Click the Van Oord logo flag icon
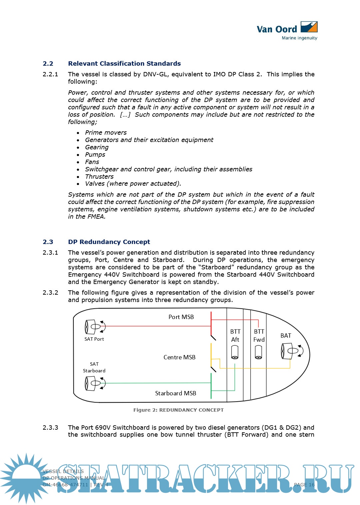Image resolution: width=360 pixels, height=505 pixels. pyautogui.click(x=309, y=27)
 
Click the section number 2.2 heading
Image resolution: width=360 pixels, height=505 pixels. pyautogui.click(x=48, y=64)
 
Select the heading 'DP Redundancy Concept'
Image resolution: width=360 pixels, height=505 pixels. pyautogui.click(x=109, y=242)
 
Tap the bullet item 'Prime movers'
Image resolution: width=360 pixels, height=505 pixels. pyautogui.click(x=106, y=133)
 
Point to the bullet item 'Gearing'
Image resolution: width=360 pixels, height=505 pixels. pyautogui.click(x=97, y=147)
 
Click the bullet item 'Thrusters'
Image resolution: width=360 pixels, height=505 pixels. pyautogui.click(x=99, y=177)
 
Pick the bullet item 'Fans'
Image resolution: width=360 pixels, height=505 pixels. pyautogui.click(x=92, y=162)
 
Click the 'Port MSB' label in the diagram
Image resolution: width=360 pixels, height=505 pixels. pyautogui.click(x=181, y=317)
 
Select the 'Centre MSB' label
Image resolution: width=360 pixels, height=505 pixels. pyautogui.click(x=179, y=357)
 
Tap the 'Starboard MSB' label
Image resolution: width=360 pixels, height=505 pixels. pyautogui.click(x=176, y=393)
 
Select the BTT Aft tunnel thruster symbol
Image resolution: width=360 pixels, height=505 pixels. pyautogui.click(x=235, y=352)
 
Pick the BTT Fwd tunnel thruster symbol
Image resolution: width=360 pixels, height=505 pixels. pyautogui.click(x=258, y=352)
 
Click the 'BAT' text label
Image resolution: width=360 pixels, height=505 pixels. pyautogui.click(x=286, y=336)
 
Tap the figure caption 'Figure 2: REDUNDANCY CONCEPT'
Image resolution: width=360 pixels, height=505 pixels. pyautogui.click(x=178, y=410)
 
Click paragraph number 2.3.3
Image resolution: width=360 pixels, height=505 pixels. pyautogui.click(x=50, y=428)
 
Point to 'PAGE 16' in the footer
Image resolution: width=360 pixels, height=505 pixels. pyautogui.click(x=304, y=485)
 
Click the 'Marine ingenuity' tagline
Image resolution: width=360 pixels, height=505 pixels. pyautogui.click(x=299, y=38)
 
